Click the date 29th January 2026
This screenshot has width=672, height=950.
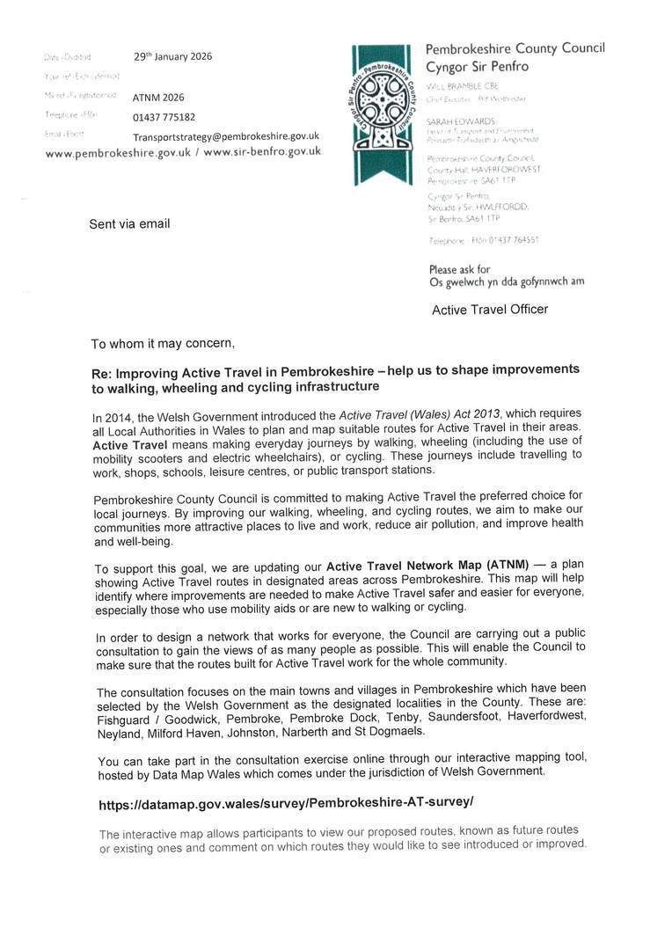coord(172,56)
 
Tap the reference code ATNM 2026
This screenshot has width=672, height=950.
coord(158,97)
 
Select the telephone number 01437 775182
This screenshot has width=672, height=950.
coord(164,117)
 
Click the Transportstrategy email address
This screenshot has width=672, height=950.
coord(226,136)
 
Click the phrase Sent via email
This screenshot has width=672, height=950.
coord(129,223)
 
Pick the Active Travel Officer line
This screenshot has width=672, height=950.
coord(489,310)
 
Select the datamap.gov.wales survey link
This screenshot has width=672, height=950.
coord(286,803)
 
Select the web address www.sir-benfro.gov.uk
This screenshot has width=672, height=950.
coord(262,151)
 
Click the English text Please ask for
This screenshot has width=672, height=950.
coord(459,269)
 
